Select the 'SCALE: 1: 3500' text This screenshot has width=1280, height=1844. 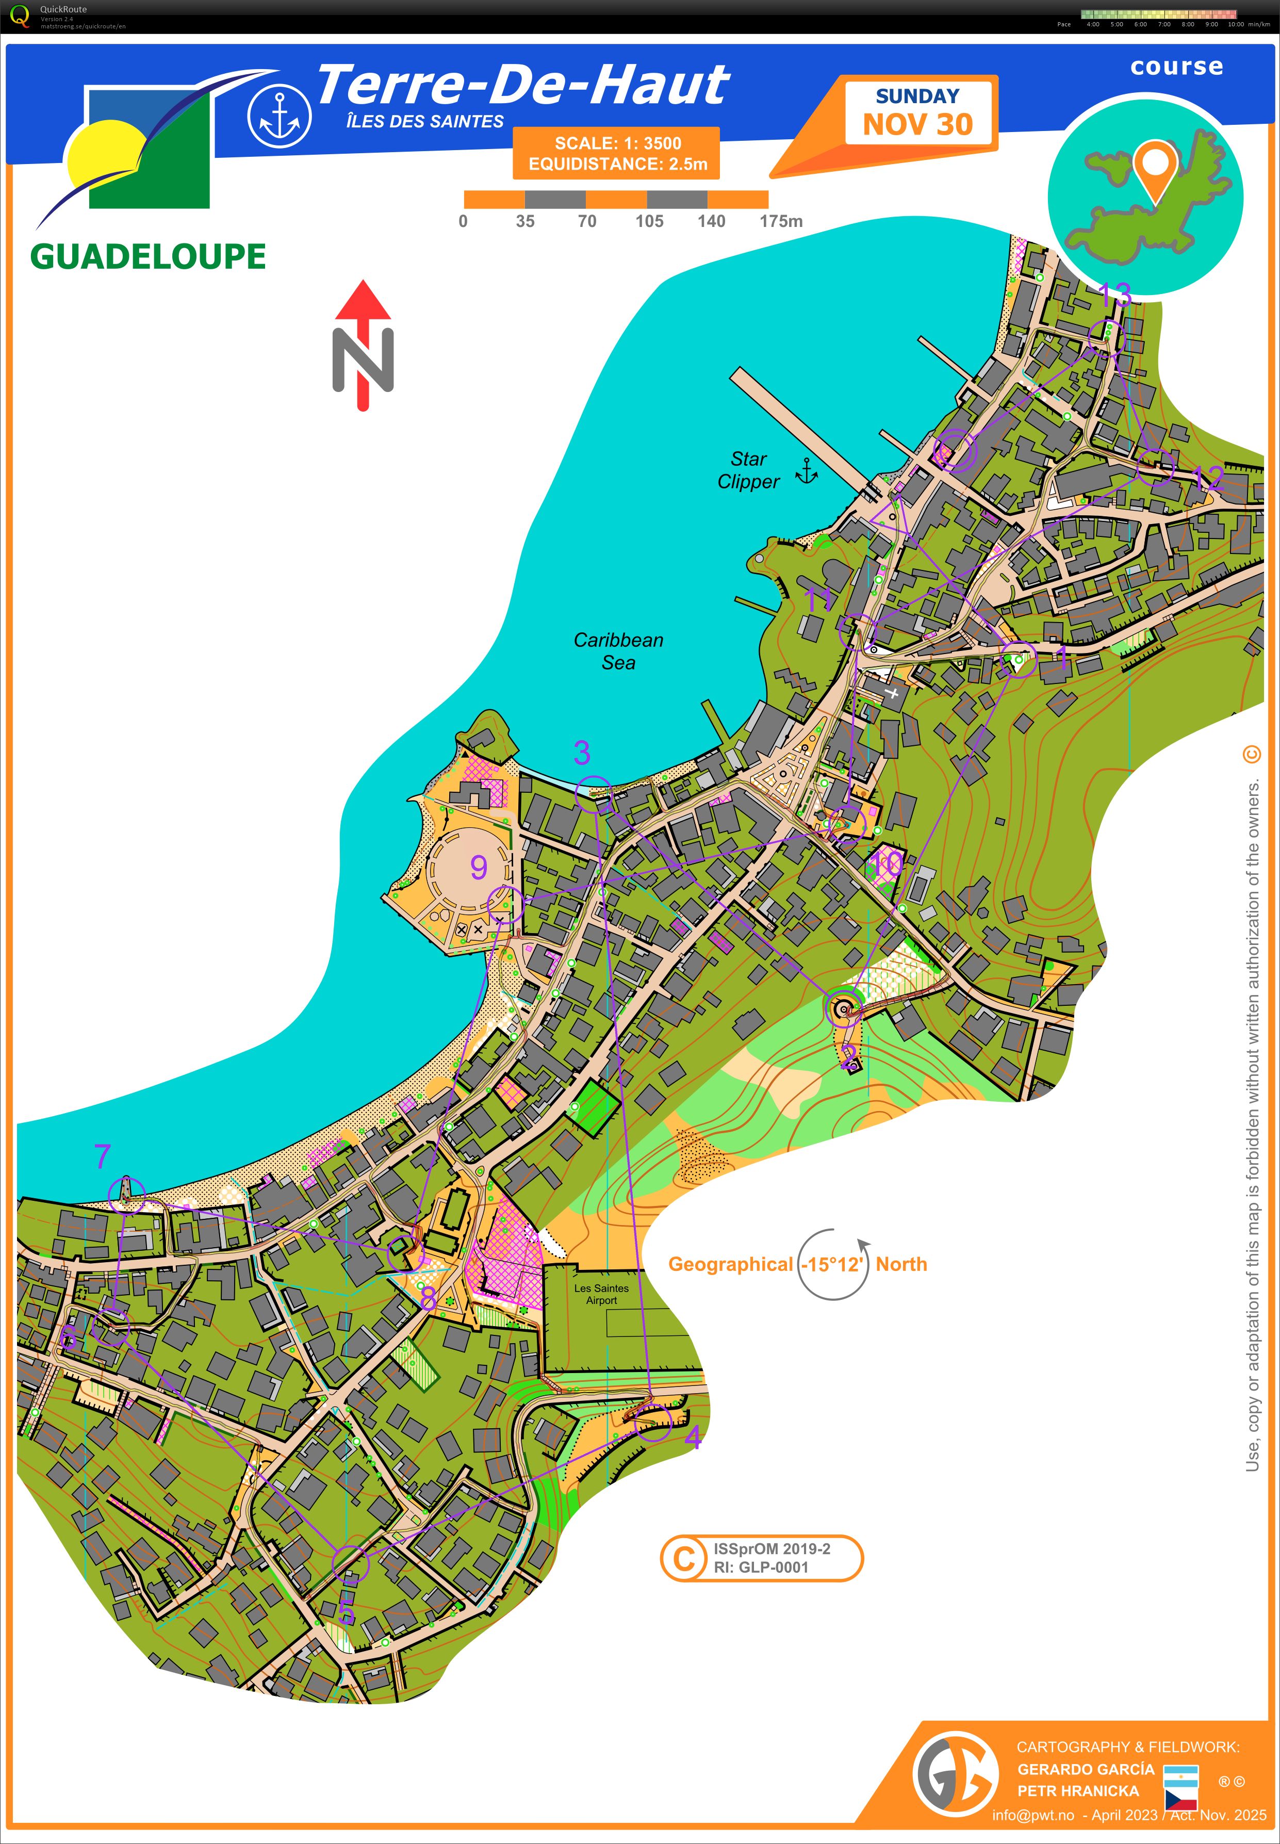617,143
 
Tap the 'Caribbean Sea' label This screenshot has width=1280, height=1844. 618,650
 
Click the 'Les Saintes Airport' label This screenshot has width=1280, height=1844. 601,1294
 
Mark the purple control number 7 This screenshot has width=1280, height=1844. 102,1156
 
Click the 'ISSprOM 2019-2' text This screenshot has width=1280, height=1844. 772,1549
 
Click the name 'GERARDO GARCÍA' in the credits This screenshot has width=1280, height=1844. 1085,1769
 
